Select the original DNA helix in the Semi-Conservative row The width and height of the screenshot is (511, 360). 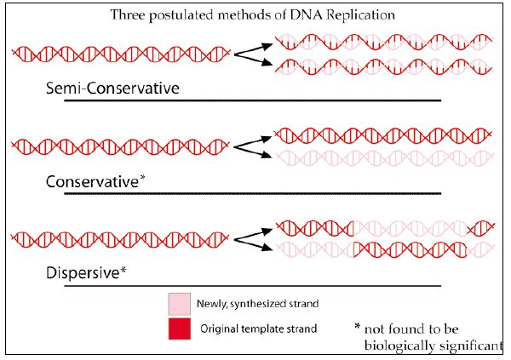(x=121, y=53)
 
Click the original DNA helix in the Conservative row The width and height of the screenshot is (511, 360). (x=121, y=145)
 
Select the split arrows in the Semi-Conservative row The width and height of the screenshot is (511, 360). (x=253, y=53)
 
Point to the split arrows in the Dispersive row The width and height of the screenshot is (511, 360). (x=253, y=237)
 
